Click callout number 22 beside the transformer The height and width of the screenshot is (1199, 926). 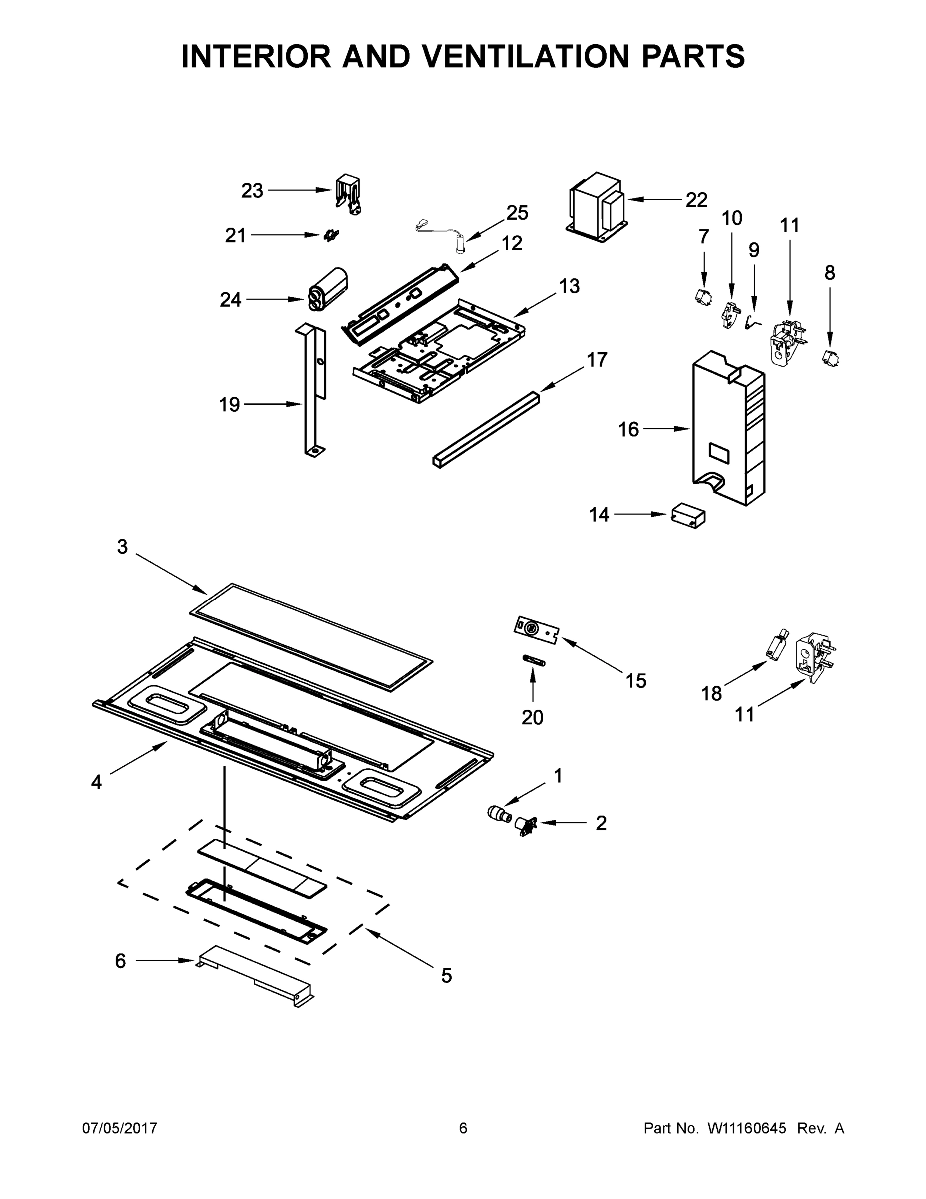click(x=696, y=200)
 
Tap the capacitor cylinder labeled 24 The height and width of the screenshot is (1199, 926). click(x=328, y=289)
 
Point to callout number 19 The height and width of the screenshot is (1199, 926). click(x=229, y=405)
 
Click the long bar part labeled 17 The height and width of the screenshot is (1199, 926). click(x=486, y=429)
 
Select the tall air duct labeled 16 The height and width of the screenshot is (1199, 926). click(x=727, y=428)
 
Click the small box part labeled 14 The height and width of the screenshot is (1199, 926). click(x=688, y=516)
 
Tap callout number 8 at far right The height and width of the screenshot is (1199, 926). click(x=830, y=273)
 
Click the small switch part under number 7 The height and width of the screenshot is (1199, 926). click(x=703, y=297)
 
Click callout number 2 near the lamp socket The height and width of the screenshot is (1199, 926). click(x=601, y=823)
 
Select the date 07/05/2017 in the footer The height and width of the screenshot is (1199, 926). click(x=120, y=1128)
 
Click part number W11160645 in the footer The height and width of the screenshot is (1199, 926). click(x=747, y=1128)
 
